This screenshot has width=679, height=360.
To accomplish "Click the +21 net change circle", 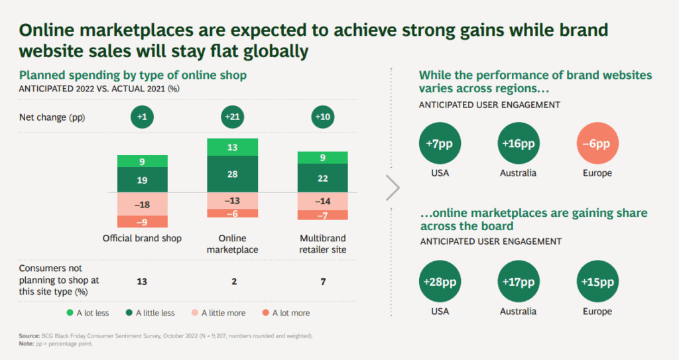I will coord(233,117).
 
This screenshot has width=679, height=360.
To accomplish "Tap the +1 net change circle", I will coord(143,117).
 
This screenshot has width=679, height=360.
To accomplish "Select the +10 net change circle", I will coord(322,117).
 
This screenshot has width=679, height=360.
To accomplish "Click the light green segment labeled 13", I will coord(233,147).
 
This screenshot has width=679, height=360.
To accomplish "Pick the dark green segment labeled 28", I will coord(233,174).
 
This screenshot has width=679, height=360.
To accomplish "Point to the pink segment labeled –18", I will coord(143,204).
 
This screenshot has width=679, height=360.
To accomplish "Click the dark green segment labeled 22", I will coord(322,178).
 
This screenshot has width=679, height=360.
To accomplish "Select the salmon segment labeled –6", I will coord(233,213).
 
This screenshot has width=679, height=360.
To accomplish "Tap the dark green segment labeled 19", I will coord(143,180).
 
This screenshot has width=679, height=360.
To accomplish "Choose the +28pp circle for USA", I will coord(440,282).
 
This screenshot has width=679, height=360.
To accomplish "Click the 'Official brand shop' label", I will coord(142,239).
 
